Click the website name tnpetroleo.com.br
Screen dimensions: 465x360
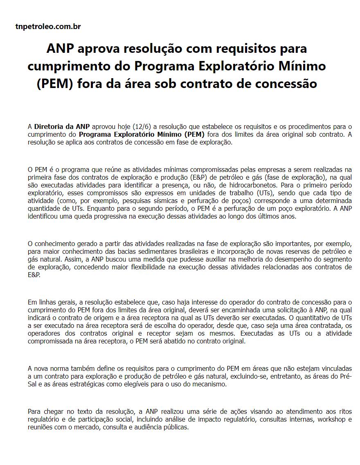48,27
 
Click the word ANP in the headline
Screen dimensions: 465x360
60,48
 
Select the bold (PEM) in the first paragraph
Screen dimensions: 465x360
193,134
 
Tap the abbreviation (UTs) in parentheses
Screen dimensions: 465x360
268,192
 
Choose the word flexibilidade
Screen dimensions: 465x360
160,267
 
